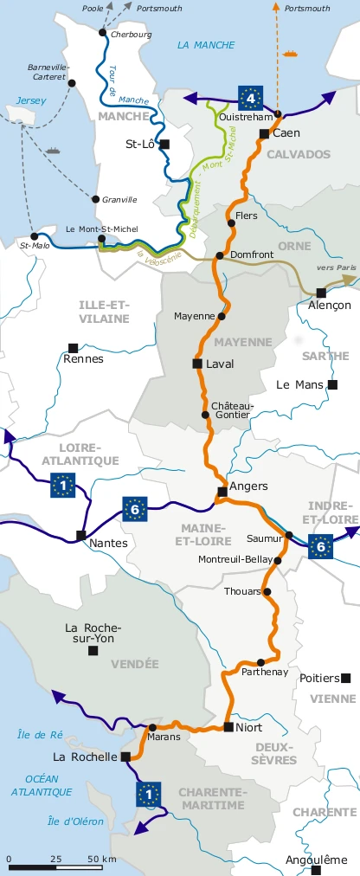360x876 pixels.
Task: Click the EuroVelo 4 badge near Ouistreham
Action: point(250,95)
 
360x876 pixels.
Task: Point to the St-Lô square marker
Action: point(164,145)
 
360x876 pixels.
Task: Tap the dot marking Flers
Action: point(231,223)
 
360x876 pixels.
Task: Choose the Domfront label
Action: point(254,254)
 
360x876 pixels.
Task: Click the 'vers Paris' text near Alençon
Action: point(336,267)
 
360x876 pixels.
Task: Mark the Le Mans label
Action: point(299,384)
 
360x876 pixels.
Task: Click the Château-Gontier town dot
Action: point(205,415)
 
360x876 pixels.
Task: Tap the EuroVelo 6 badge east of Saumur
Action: point(320,545)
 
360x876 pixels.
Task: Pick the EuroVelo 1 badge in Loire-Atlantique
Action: point(63,486)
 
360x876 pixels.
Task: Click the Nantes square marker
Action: point(80,535)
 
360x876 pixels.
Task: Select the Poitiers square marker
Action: point(346,678)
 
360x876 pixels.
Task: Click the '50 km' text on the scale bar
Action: point(101,859)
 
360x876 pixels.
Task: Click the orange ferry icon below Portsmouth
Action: point(290,53)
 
